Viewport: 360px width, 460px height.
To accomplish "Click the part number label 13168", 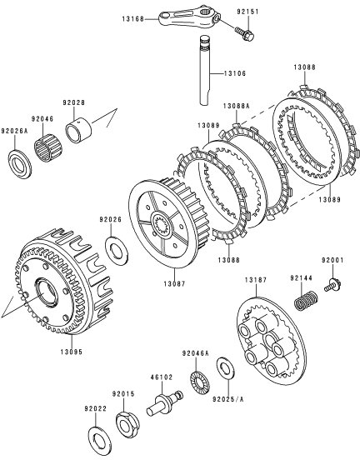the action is coord(132,19).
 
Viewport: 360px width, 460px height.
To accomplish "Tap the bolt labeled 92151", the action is coord(244,32).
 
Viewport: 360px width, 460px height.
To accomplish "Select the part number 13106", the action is coord(235,73).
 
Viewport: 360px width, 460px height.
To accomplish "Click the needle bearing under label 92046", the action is coord(47,148).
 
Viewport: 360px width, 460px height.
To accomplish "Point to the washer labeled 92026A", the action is coord(20,164).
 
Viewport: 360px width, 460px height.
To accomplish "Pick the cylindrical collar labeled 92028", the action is coord(78,130).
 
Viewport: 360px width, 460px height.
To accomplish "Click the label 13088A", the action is coord(236,106).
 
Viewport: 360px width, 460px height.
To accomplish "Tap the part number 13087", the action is coord(174,283).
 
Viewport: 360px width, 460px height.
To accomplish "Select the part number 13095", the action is coord(72,352).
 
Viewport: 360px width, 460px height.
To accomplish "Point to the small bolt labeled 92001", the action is coord(333,284).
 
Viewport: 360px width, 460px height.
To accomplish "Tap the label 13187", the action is coord(256,280).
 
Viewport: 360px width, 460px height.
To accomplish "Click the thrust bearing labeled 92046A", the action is coord(200,381).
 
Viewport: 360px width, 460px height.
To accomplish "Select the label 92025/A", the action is coord(228,399).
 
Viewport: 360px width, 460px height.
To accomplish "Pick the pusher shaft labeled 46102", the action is coord(165,402).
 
